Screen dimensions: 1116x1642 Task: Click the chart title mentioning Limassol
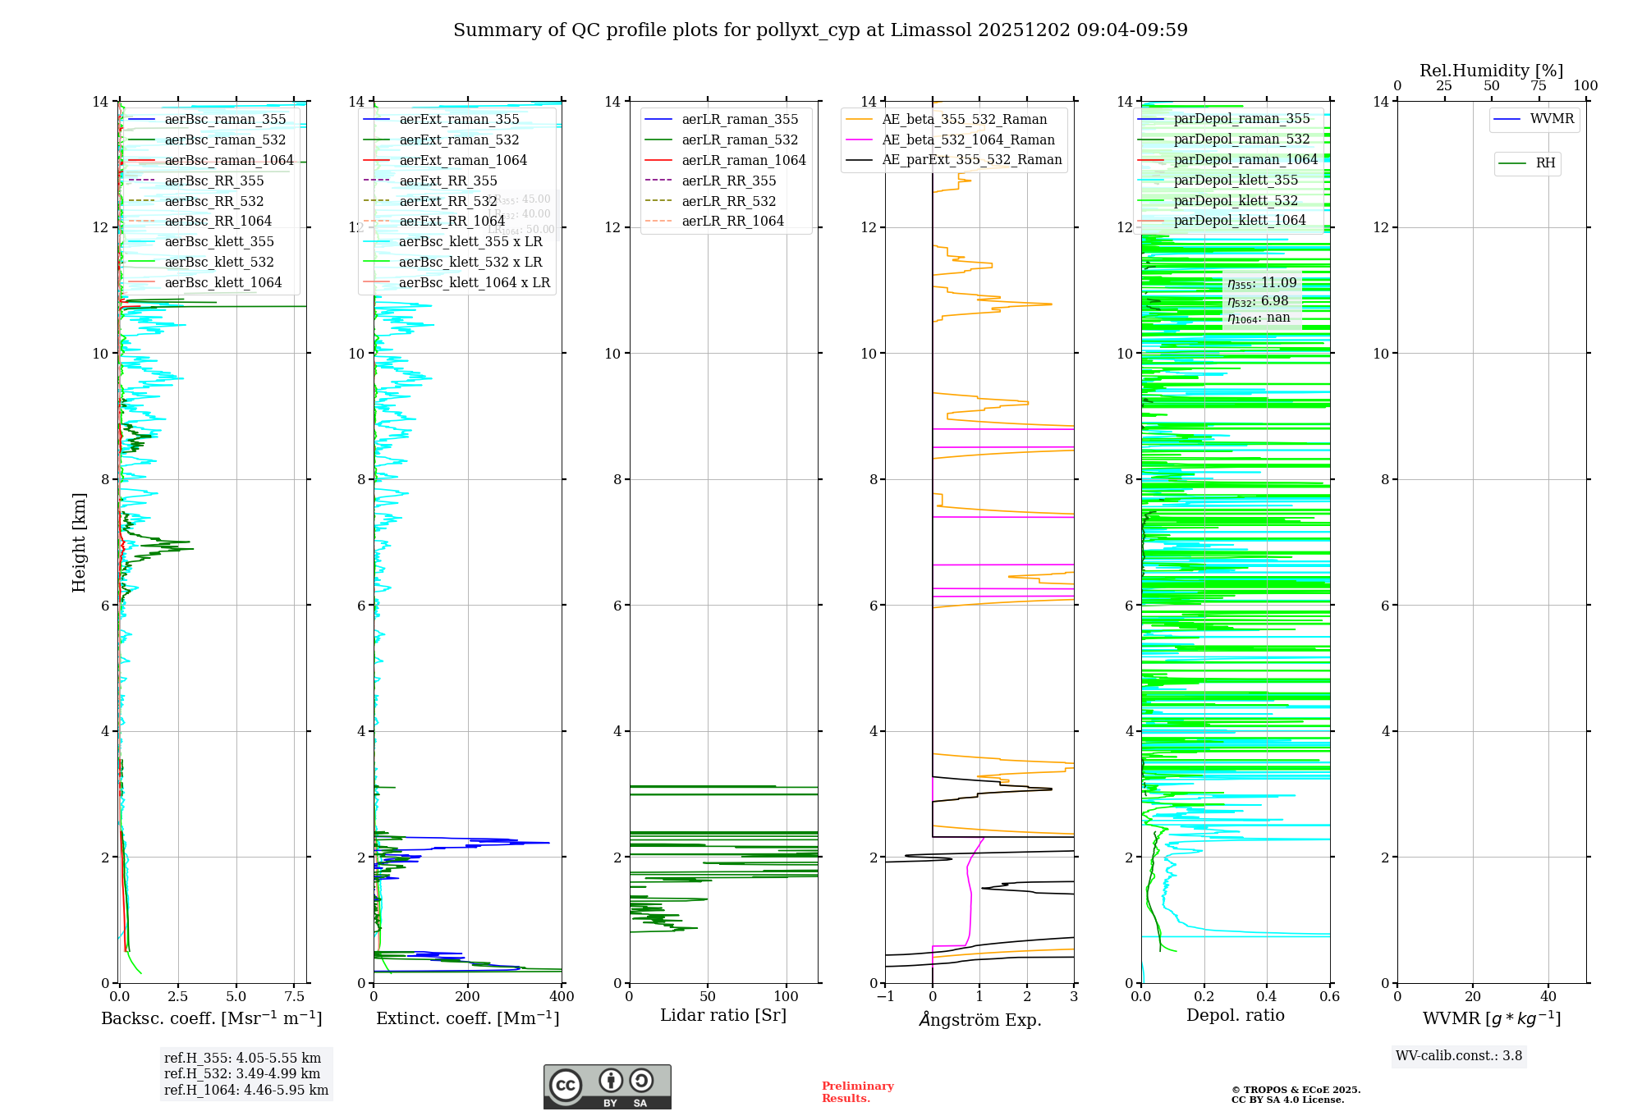pos(820,30)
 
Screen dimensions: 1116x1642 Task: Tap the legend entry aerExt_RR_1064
pos(452,222)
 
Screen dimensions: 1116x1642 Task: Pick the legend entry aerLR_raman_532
pos(740,140)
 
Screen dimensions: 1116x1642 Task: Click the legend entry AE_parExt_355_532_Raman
pos(971,160)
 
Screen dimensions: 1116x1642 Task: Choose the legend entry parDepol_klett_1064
pos(1239,221)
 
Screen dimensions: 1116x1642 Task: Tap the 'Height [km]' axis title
pos(79,542)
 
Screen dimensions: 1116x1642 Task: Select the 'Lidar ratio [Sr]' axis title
pos(723,1016)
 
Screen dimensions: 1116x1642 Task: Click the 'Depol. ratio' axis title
pos(1235,1016)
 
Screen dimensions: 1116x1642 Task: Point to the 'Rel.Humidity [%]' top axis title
pos(1491,71)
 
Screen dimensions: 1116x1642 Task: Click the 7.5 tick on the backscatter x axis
pos(294,997)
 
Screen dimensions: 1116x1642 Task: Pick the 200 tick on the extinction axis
pos(468,997)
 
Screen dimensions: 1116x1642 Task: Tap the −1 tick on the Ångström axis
pos(885,997)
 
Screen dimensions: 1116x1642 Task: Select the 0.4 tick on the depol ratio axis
pos(1267,997)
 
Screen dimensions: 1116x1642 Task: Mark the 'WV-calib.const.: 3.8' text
pos(1459,1056)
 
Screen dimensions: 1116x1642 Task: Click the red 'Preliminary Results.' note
pos(857,1092)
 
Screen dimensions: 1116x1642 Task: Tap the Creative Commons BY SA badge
pos(607,1087)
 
